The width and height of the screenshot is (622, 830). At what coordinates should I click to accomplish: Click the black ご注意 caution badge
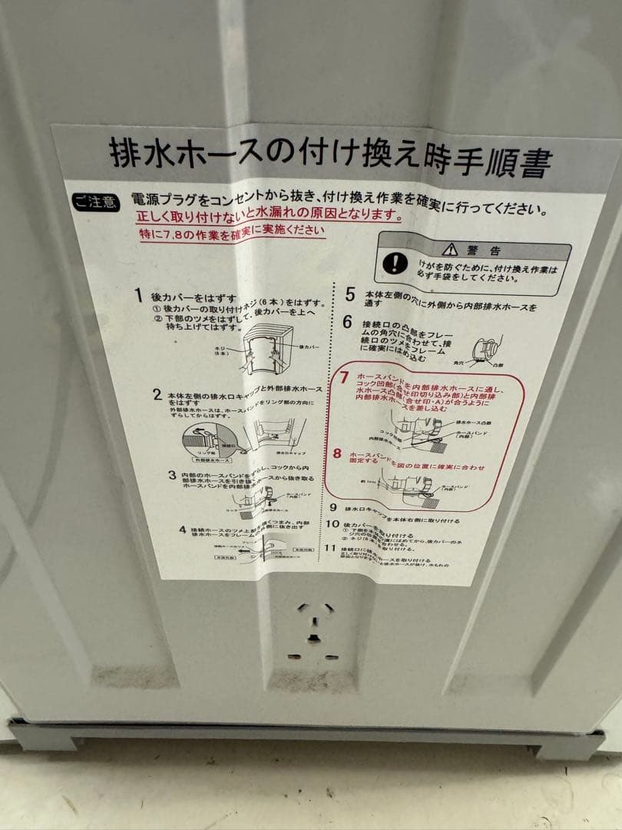(96, 203)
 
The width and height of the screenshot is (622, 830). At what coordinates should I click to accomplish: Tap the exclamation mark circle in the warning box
(395, 263)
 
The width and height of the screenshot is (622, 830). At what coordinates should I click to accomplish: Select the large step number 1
(139, 295)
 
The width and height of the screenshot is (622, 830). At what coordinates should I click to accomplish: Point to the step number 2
(157, 395)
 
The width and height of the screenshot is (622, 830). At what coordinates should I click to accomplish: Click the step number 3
(173, 475)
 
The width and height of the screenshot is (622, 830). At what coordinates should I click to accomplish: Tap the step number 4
(183, 530)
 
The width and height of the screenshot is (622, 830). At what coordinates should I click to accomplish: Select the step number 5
(349, 294)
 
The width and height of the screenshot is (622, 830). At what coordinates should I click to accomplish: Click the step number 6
(347, 323)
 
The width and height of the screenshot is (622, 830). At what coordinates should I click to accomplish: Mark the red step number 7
(344, 377)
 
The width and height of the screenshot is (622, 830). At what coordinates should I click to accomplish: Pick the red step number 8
(337, 453)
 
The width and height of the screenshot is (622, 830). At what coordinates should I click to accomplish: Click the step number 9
(333, 507)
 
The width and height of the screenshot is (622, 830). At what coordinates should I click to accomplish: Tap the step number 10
(332, 524)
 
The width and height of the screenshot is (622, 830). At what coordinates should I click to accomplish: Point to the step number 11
(330, 548)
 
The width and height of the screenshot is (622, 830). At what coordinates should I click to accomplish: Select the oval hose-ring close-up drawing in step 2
(206, 445)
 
